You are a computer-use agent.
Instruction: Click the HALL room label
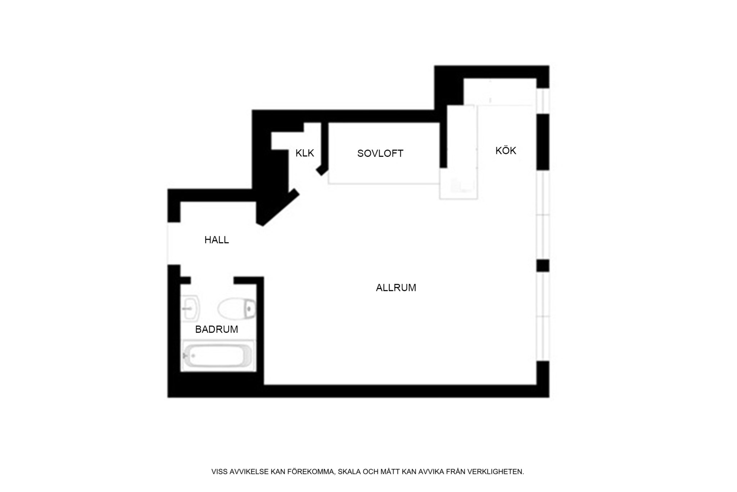tap(217, 240)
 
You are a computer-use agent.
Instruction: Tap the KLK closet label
tap(305, 153)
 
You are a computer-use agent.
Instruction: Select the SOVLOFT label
tap(380, 154)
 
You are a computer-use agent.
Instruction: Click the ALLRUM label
tap(396, 288)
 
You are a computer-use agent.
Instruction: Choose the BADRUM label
tap(217, 329)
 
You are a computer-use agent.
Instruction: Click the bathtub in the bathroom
tap(218, 356)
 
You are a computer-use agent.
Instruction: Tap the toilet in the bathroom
tap(237, 309)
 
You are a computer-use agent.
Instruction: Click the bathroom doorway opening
tap(212, 280)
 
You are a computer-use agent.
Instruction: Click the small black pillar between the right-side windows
tap(543, 266)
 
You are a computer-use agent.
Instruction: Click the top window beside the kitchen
tap(543, 101)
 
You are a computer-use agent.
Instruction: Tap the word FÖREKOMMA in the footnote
tap(311, 471)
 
